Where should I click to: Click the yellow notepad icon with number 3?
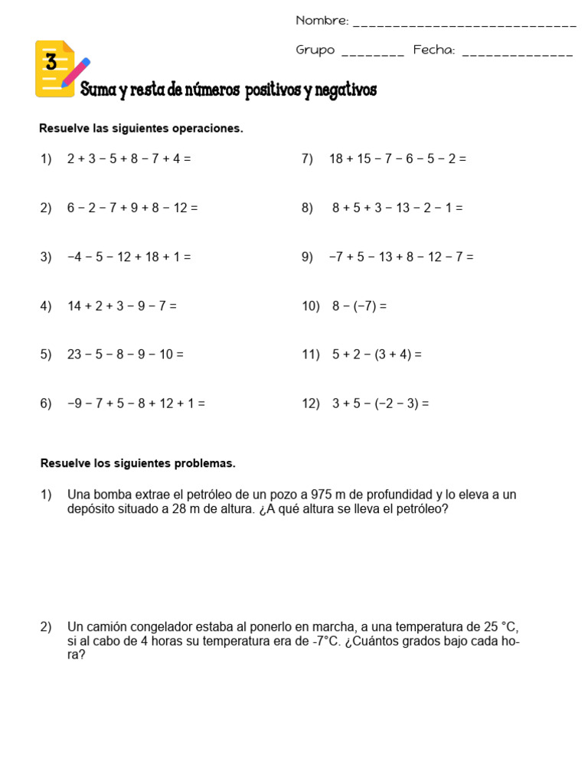tap(56, 69)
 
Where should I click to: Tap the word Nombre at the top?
tap(322, 21)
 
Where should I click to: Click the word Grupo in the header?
tap(315, 51)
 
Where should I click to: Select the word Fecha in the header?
tap(434, 51)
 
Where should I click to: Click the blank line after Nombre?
tap(465, 24)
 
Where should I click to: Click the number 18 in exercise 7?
tap(337, 159)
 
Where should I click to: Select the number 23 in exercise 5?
tap(74, 354)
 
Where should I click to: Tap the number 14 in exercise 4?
tap(74, 305)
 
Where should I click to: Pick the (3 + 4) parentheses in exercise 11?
tap(393, 354)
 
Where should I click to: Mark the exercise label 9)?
tap(307, 257)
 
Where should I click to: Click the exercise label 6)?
tap(46, 403)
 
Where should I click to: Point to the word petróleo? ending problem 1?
tap(422, 508)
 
